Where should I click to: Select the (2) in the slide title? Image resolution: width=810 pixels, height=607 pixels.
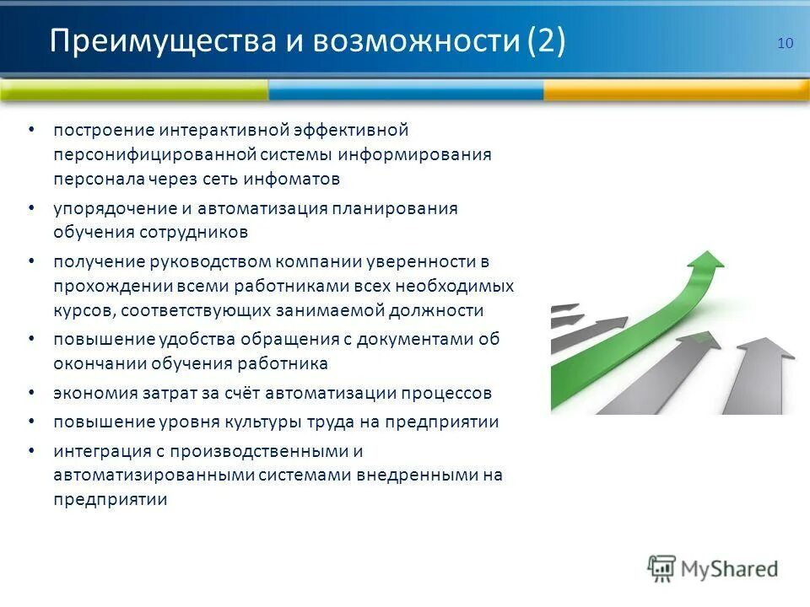[546, 41]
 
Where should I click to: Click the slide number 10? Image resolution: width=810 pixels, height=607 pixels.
[785, 44]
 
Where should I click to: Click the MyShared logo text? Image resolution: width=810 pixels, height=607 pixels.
[730, 569]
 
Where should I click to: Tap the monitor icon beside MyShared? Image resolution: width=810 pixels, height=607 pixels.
[662, 568]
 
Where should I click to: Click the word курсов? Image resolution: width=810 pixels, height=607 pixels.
[83, 310]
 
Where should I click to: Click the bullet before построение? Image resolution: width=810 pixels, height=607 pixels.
[31, 131]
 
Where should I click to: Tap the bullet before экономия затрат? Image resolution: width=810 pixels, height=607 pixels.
[31, 393]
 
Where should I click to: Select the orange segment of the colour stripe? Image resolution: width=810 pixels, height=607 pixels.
[676, 89]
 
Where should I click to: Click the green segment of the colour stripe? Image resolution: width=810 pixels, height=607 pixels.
[135, 89]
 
